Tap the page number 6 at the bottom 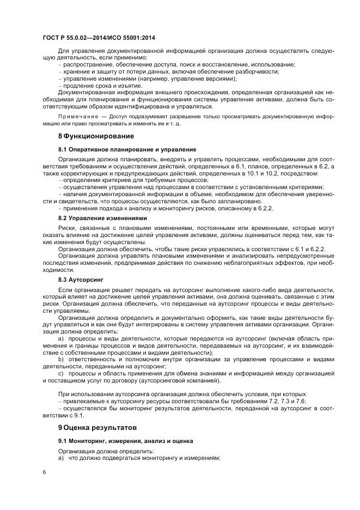(44, 472)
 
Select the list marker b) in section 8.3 (61, 360)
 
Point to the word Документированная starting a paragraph (88, 93)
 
